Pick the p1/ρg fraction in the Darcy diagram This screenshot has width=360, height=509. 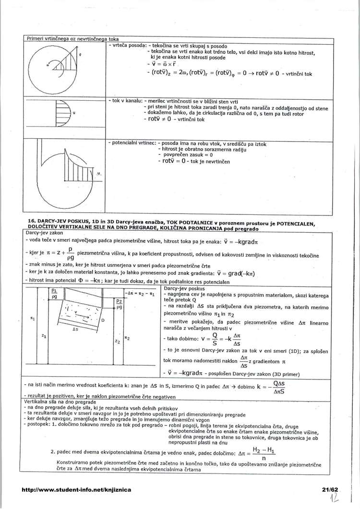(54, 294)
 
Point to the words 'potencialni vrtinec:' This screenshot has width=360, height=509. (132, 143)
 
